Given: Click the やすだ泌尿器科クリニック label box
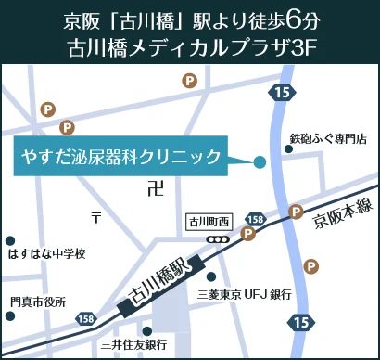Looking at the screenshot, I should point(123,157).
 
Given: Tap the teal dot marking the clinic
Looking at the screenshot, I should point(260,161).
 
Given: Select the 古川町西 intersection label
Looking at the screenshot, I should point(208,222).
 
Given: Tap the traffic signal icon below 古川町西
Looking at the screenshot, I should point(219,239).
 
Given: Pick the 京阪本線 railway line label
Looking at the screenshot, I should point(339,221).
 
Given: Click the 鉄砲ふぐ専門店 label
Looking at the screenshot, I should point(328,139).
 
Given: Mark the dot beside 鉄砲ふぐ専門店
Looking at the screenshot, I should point(285,139).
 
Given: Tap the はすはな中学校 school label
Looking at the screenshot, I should point(46,253).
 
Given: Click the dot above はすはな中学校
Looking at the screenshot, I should point(10,239).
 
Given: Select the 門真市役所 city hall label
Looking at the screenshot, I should point(38,302).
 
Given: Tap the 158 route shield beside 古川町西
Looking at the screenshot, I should point(257,219).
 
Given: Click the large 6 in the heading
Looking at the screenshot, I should point(295,19).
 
